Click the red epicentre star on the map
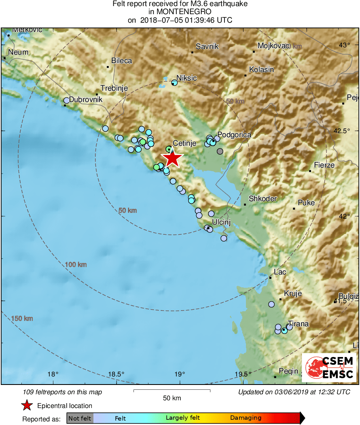point(172,158)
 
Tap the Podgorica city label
point(234,135)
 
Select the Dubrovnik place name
point(86,99)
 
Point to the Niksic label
point(187,78)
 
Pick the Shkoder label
point(263,199)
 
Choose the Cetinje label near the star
point(184,143)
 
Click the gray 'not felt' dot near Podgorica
point(220,151)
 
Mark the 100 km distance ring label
point(76,265)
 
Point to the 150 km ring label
point(22,319)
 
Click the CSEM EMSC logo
point(329,367)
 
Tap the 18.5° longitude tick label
point(116,374)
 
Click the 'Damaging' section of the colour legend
point(246,418)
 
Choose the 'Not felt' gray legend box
point(80,418)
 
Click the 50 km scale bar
point(172,391)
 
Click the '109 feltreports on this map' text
point(63,392)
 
